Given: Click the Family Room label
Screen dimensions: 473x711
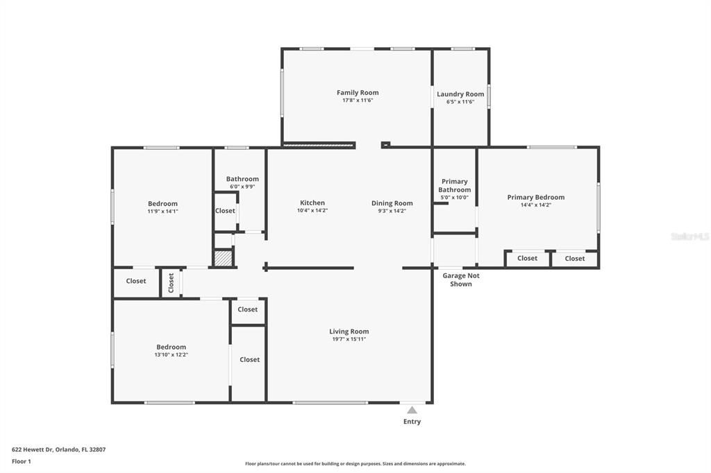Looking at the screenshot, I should click(358, 93).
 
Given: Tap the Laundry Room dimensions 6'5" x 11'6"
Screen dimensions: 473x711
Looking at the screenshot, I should click(460, 102).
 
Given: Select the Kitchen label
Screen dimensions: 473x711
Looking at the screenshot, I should click(312, 203).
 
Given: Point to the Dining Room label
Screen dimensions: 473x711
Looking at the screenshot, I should click(392, 203).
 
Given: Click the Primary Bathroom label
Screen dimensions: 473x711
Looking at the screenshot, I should click(454, 185).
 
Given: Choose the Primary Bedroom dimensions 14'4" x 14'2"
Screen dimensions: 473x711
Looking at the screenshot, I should click(535, 205).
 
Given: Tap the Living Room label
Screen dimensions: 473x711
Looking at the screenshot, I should click(349, 332).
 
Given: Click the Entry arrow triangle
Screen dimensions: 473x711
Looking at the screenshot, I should click(412, 410).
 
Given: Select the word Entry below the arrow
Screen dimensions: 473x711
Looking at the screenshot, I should click(412, 422).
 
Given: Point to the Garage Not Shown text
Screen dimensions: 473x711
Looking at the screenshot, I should click(461, 279).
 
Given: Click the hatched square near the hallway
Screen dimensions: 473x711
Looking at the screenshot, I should click(222, 258).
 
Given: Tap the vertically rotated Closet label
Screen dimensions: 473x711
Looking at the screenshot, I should click(171, 282).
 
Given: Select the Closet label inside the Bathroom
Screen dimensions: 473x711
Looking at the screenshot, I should click(225, 211).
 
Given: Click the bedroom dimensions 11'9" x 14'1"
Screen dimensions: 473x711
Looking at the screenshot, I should click(162, 211).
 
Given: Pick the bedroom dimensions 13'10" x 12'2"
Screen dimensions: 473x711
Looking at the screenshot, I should click(171, 354).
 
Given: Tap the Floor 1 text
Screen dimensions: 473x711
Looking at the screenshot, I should click(22, 461).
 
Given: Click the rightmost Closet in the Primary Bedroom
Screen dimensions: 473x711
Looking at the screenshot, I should click(574, 259).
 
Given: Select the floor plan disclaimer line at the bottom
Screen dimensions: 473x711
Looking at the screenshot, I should click(355, 464).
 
